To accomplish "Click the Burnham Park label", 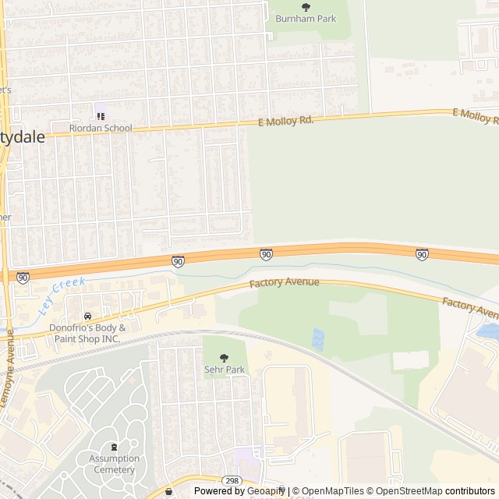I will click(x=305, y=18).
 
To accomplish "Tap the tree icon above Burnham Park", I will click(x=305, y=7).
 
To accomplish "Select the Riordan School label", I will click(x=101, y=128).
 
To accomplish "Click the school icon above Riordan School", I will click(x=101, y=116).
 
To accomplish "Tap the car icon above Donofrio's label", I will click(x=87, y=316).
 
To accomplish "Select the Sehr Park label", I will click(x=225, y=369).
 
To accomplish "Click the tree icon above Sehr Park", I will click(x=225, y=358).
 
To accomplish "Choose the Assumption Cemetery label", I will click(x=114, y=464).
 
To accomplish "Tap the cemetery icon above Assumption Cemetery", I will click(x=114, y=448).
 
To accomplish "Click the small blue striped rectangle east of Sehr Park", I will click(x=317, y=339).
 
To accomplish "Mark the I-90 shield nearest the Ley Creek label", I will click(x=23, y=277).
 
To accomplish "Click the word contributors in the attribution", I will click(x=470, y=491).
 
